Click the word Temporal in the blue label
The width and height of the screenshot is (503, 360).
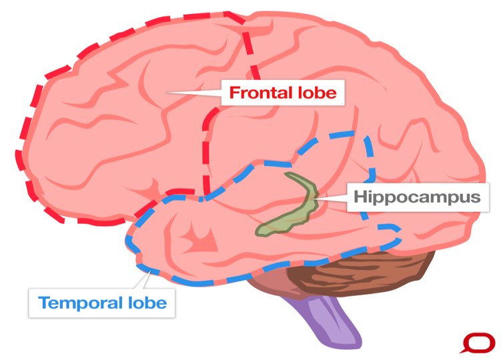(x=80, y=303)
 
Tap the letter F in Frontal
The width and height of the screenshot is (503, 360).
(x=234, y=93)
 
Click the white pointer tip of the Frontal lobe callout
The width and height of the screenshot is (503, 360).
(x=169, y=93)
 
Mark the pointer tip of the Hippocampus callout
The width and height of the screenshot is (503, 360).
(x=315, y=197)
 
